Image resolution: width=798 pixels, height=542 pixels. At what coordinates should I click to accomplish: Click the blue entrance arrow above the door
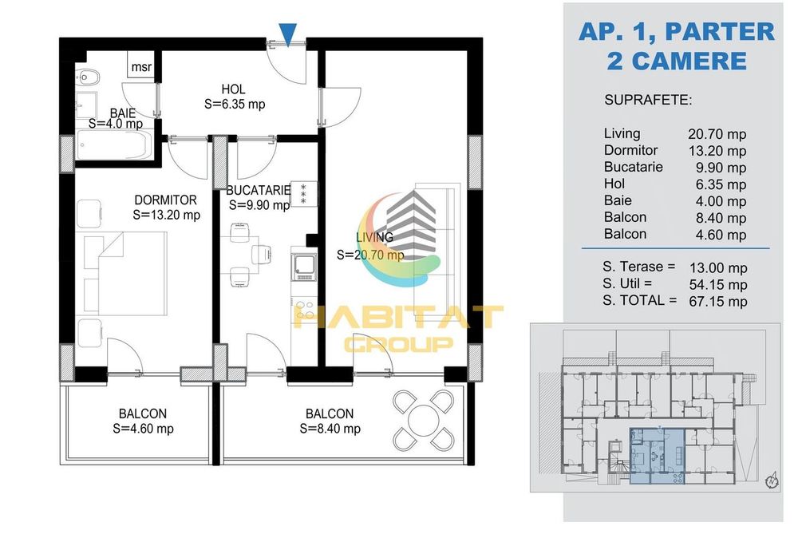288,34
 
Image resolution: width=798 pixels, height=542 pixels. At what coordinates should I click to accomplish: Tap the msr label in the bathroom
141,67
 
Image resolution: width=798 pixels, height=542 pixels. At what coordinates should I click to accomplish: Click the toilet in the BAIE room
89,77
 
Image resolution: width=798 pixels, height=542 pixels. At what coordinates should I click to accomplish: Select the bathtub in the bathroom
115,145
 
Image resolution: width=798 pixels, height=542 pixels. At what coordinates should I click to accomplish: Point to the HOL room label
234,89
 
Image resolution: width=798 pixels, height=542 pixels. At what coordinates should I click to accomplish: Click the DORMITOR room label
165,200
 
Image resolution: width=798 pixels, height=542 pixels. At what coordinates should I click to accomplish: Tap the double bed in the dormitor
121,274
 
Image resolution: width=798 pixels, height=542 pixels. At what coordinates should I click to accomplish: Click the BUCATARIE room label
259,190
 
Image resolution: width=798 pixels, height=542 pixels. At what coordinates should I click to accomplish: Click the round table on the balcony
424,421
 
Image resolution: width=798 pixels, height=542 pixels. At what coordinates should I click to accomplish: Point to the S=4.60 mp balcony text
143,429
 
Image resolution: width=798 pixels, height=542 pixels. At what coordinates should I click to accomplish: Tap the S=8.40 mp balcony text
330,429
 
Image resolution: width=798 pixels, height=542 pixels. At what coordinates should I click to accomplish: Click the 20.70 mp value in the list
717,134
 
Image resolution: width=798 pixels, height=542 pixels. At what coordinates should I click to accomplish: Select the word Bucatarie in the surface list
633,167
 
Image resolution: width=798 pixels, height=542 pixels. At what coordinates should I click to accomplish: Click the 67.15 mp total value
718,301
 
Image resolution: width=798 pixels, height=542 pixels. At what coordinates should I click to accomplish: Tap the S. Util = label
627,283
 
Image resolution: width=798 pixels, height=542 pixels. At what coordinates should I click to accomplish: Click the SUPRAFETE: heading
648,100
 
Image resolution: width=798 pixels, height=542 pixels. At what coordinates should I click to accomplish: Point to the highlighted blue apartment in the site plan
657,456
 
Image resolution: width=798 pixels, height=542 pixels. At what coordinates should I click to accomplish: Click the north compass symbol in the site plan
772,480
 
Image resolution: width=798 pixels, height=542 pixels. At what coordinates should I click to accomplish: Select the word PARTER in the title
720,32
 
